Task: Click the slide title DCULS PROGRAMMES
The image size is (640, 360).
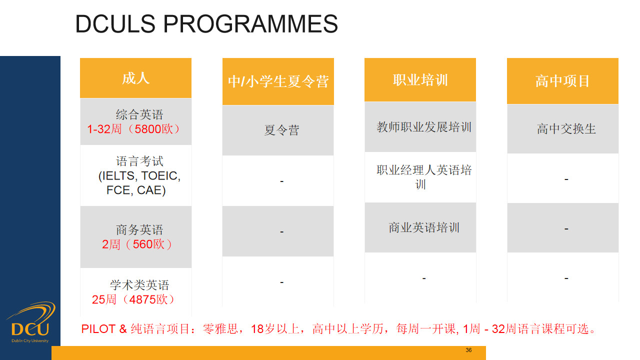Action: click(x=206, y=24)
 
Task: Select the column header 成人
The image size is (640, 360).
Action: click(x=135, y=78)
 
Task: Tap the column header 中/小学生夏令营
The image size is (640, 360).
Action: click(x=278, y=81)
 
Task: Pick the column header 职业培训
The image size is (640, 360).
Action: click(x=420, y=79)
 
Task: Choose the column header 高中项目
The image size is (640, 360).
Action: click(x=562, y=81)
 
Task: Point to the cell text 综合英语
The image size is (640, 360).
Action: click(x=139, y=114)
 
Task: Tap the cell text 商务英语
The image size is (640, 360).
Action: click(x=139, y=229)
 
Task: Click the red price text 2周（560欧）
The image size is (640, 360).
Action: click(x=137, y=244)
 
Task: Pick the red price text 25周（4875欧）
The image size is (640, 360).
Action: click(x=133, y=299)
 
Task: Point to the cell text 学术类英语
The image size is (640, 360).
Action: click(x=139, y=285)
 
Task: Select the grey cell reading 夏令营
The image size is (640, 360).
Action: click(x=278, y=130)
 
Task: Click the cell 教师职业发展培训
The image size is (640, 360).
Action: click(x=420, y=127)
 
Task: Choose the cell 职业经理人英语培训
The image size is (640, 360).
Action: click(x=420, y=177)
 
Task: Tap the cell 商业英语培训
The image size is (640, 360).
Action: click(x=420, y=227)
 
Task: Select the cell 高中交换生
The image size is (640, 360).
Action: click(x=563, y=129)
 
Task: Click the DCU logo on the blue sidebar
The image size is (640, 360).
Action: click(x=30, y=322)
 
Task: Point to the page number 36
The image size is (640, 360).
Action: click(x=468, y=350)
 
